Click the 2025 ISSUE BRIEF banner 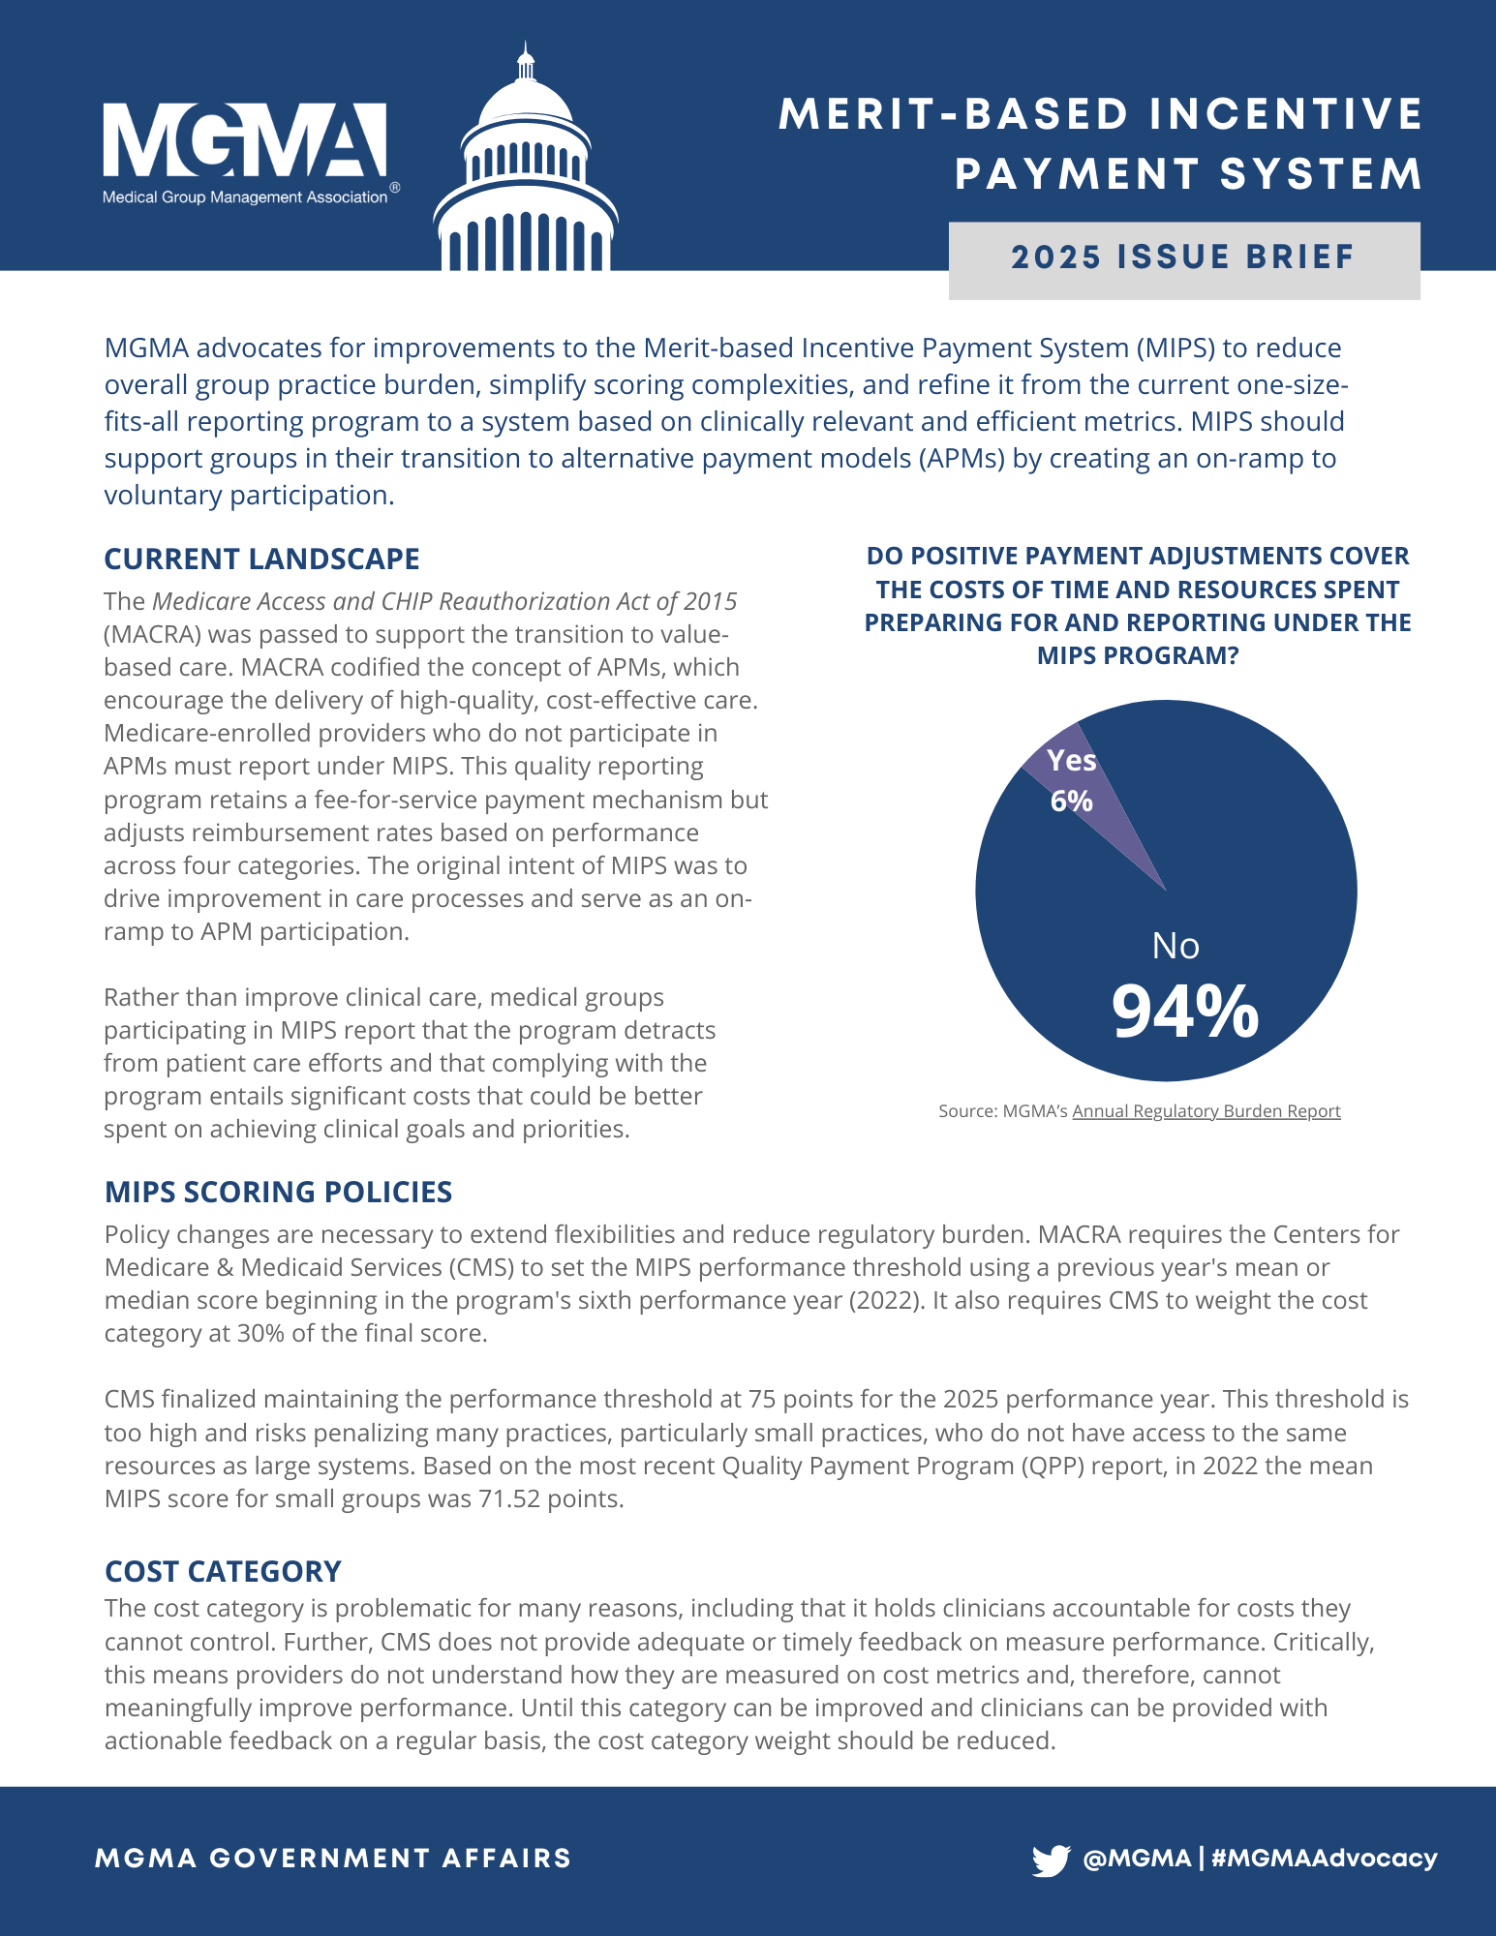(x=1183, y=258)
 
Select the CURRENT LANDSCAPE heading (x=261, y=560)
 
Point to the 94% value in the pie (x=1184, y=1013)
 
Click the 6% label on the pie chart (x=1071, y=802)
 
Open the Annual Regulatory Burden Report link (x=1206, y=1111)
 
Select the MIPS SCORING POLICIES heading (x=278, y=1193)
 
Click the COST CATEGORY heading (x=223, y=1572)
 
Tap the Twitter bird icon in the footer (x=1051, y=1860)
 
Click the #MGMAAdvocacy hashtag (x=1324, y=1859)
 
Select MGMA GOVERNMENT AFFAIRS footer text (x=333, y=1859)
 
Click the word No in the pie (x=1175, y=946)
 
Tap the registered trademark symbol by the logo (x=394, y=188)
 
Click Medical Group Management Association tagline (x=244, y=197)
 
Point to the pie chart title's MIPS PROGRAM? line (x=1138, y=656)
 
